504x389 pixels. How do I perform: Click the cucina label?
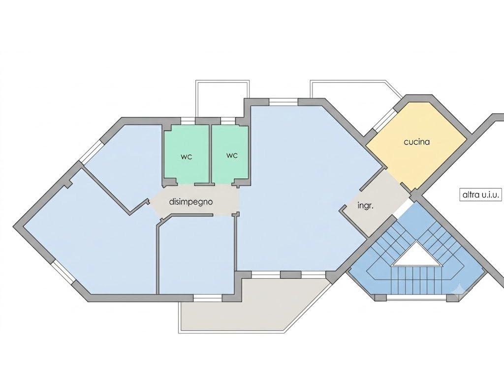[416, 142]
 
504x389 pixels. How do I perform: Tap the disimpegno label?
[191, 202]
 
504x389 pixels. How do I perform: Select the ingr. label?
[366, 205]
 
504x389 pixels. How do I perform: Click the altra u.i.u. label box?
[480, 195]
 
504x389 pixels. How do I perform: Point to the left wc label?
[187, 157]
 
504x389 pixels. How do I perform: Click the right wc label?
[232, 156]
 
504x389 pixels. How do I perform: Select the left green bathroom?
[187, 154]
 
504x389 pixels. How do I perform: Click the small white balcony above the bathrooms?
[222, 98]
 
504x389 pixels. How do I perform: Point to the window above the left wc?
[188, 121]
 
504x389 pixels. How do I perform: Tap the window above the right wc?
[228, 121]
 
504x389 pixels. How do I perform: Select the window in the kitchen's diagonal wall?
[385, 120]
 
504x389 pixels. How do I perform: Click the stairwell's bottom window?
[416, 298]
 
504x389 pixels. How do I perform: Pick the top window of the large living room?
[283, 102]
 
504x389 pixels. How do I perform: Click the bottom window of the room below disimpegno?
[208, 298]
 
